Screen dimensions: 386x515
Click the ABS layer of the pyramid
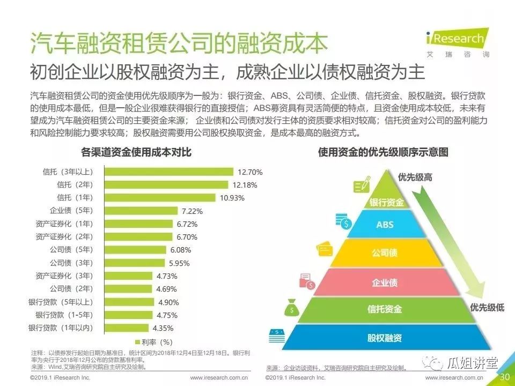point(385,225)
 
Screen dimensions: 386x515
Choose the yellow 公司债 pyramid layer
point(385,253)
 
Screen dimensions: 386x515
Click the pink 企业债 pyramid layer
point(385,282)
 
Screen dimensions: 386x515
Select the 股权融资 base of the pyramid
point(385,338)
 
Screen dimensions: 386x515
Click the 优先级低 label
point(487,307)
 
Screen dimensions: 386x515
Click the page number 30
point(505,377)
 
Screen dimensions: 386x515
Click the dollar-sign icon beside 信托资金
point(292,309)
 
